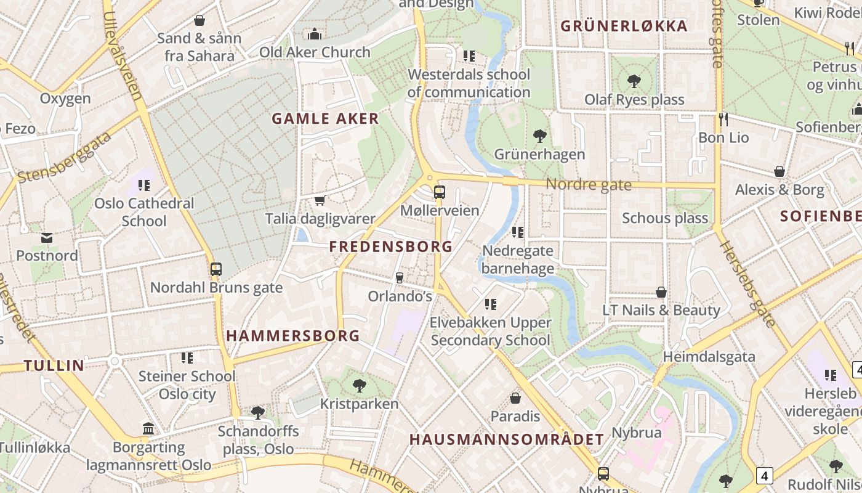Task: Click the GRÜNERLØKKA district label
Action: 624,26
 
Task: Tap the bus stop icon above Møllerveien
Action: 439,192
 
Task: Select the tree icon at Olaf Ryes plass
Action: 634,81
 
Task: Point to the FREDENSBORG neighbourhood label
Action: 391,247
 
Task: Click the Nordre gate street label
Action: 589,184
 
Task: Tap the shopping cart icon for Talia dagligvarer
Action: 320,200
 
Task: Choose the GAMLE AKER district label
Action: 325,119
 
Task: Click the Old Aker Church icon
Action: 315,34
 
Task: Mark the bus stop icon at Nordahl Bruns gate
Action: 216,269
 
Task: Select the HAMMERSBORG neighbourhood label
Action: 293,336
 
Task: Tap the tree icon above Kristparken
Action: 359,386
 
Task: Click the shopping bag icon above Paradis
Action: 515,399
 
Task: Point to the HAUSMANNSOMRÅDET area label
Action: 507,439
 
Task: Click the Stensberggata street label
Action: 65,157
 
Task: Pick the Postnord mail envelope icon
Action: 47,238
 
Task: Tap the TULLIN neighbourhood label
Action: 54,365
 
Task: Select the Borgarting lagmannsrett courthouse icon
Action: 148,428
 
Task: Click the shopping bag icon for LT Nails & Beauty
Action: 661,292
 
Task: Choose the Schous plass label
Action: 665,218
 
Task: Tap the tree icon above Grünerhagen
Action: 539,136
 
